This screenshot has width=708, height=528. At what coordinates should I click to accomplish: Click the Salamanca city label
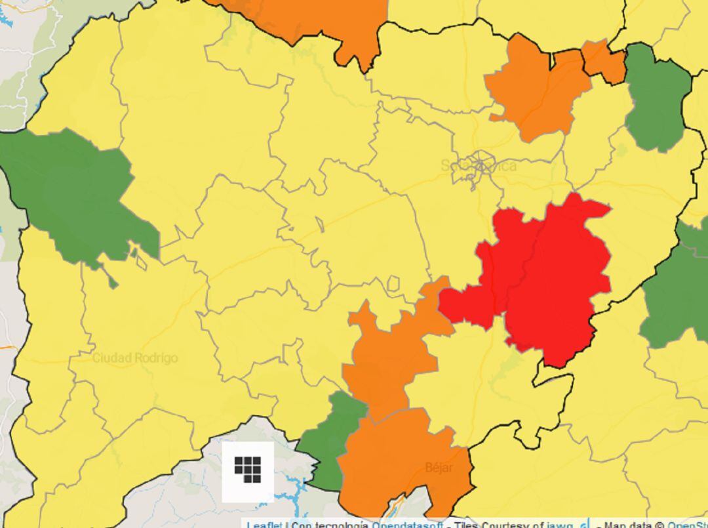(x=479, y=165)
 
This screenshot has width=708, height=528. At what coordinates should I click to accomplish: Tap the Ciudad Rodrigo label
(x=135, y=358)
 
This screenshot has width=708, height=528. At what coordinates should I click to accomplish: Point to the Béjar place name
(x=439, y=468)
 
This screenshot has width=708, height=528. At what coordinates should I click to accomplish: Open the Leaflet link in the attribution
(x=264, y=524)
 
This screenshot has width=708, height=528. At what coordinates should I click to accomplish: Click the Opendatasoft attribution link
(x=406, y=524)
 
